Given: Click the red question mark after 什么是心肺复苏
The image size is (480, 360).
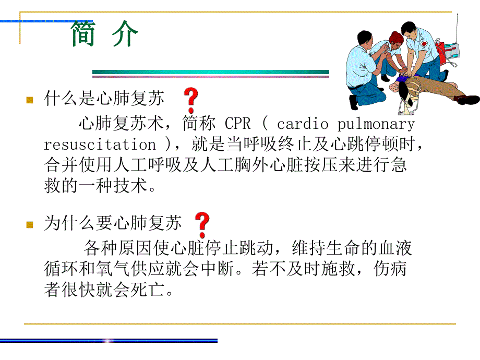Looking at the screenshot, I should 191,98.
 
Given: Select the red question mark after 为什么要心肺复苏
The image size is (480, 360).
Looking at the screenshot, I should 202,224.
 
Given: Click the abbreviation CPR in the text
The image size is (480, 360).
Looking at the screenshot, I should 238,124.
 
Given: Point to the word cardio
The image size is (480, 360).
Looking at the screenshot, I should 303,124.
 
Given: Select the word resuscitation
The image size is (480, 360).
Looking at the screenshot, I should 100,144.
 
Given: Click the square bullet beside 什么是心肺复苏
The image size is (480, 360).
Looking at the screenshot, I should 30,99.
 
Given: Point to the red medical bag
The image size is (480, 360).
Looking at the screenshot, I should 441,52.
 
